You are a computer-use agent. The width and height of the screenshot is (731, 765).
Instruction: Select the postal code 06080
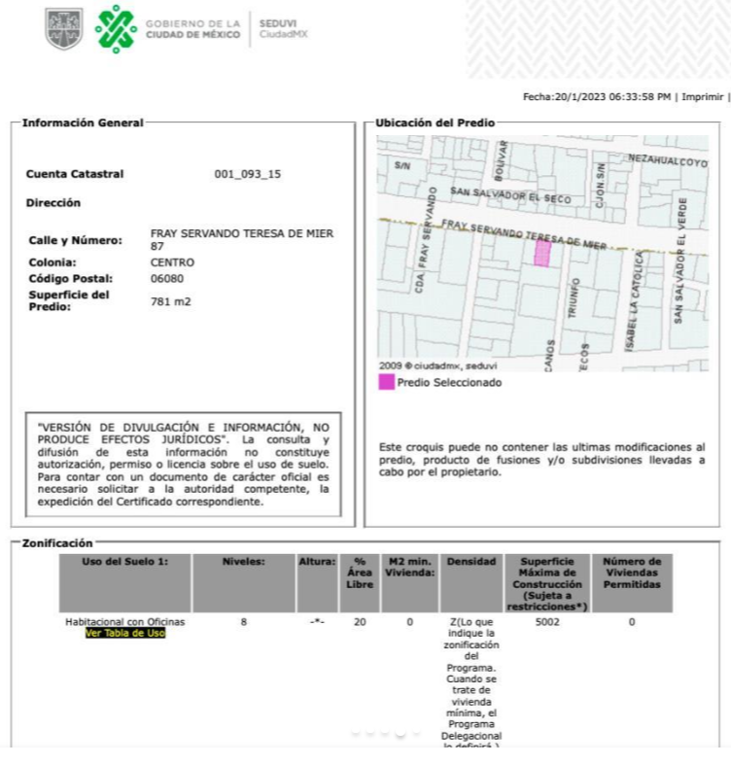(x=172, y=279)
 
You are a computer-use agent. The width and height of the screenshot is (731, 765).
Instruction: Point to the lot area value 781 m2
(x=171, y=302)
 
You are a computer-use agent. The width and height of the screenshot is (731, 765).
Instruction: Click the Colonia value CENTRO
(x=173, y=262)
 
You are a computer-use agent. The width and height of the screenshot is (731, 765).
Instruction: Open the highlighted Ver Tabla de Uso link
(x=124, y=633)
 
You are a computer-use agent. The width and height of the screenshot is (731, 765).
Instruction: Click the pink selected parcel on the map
(x=542, y=254)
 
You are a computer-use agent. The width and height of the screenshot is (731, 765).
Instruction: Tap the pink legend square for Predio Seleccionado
(x=385, y=383)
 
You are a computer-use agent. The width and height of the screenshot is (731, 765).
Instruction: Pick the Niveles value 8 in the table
(x=243, y=621)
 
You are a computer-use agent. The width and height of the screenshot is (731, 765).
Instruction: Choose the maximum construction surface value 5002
(x=547, y=621)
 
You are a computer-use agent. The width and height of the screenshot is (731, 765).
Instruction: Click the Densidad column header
(x=470, y=562)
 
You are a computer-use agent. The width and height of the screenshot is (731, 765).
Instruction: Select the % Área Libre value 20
(x=359, y=621)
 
